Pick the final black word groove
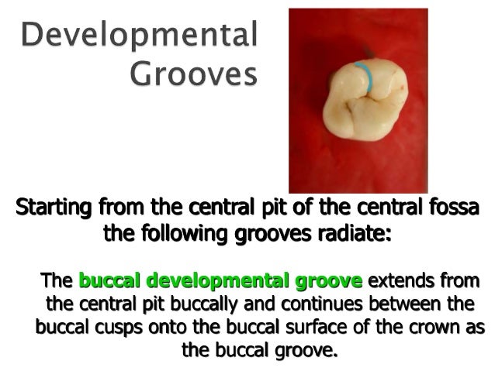pyautogui.click(x=310, y=351)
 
